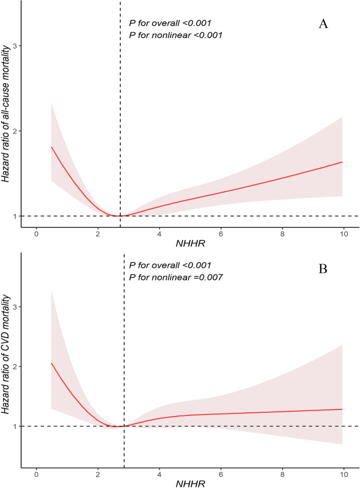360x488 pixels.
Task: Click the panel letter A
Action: click(323, 24)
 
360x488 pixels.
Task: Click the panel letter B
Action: click(323, 269)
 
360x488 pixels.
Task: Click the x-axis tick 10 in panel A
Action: click(343, 233)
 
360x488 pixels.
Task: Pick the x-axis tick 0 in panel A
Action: click(36, 233)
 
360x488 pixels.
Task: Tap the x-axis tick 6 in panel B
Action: click(220, 474)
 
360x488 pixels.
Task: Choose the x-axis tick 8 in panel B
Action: click(282, 474)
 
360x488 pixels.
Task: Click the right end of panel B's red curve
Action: click(342, 409)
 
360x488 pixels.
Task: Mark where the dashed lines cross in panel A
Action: click(120, 216)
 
